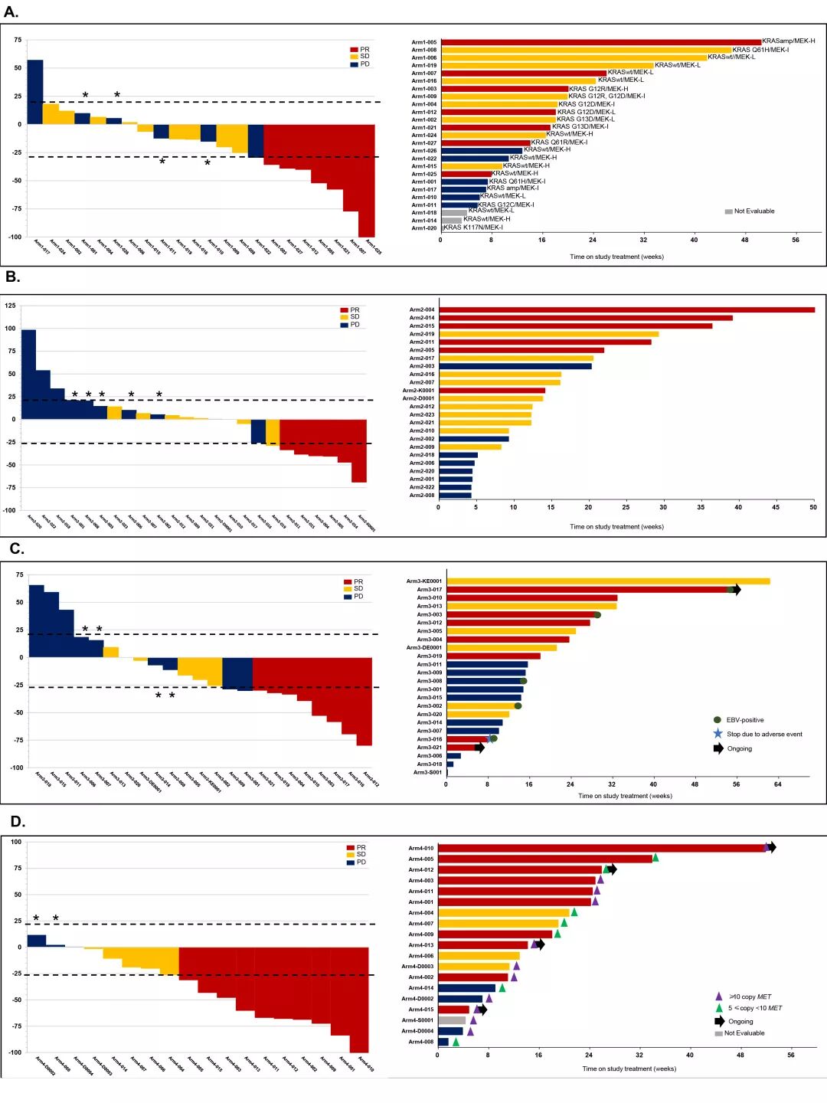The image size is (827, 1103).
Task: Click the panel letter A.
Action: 11,11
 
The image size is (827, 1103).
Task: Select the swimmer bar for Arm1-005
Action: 601,42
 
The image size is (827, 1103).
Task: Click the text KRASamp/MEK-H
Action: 788,41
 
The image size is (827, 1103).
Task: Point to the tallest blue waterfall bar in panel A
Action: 34,91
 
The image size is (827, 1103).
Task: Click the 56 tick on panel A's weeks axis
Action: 796,241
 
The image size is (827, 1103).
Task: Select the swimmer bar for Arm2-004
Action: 626,309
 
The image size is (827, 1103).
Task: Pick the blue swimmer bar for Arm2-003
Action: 515,366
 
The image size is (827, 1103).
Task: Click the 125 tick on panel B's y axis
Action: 10,306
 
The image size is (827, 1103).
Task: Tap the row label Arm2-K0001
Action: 418,391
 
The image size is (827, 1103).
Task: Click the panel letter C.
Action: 16,549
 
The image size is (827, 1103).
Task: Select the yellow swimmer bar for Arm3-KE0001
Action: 608,581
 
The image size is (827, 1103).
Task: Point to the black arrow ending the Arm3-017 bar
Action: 737,590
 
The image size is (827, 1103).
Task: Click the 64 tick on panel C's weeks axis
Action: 778,784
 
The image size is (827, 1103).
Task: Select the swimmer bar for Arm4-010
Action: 601,848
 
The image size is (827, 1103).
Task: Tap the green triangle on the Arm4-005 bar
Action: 655,858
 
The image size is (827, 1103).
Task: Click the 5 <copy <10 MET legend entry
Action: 754,1008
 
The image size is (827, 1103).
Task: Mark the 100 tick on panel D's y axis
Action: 15,842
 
